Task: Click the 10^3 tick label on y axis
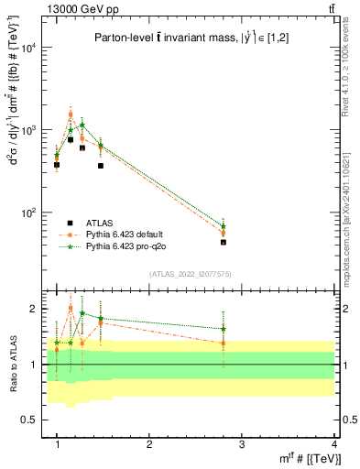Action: coord(30,130)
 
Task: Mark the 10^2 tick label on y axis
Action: coord(30,213)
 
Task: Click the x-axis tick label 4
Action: coord(335,444)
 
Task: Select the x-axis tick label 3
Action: coord(242,444)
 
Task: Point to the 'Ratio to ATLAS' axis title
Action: coord(12,364)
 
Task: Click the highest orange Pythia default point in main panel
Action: coord(71,115)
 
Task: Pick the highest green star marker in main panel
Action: coord(82,125)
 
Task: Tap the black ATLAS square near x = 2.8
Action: coord(224,243)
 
